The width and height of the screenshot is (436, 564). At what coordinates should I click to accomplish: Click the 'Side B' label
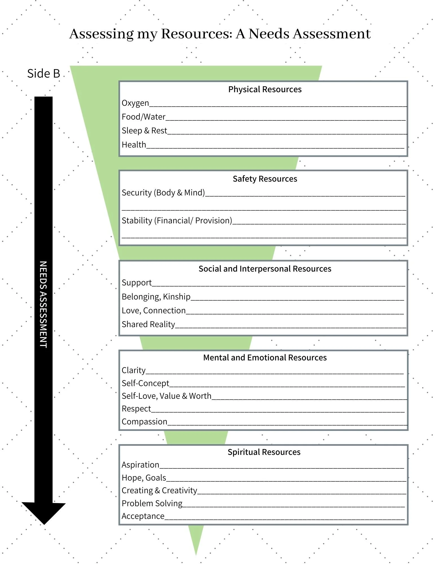click(x=44, y=73)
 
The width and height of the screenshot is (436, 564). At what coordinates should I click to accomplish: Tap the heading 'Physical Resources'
click(x=265, y=89)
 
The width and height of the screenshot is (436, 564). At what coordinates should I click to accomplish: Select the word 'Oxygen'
click(x=135, y=103)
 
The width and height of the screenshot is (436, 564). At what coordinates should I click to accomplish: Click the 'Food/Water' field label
click(x=143, y=117)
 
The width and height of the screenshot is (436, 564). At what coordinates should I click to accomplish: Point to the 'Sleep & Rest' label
click(x=144, y=131)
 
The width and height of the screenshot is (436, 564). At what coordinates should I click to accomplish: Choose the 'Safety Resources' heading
click(x=265, y=179)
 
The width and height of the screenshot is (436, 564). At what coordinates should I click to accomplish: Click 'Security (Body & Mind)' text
click(x=163, y=193)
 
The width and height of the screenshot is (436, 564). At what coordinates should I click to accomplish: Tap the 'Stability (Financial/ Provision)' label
click(x=177, y=221)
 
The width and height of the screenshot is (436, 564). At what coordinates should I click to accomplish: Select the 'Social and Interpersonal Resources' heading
click(x=265, y=269)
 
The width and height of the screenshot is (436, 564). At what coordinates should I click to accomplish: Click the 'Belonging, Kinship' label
click(x=156, y=297)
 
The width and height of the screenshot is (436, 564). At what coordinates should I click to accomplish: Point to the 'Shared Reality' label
click(x=148, y=325)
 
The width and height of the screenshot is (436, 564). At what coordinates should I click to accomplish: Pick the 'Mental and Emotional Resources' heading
click(x=265, y=358)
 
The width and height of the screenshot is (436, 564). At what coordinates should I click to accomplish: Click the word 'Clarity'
click(x=133, y=370)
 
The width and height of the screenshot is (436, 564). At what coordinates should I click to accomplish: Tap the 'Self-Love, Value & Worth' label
click(x=166, y=396)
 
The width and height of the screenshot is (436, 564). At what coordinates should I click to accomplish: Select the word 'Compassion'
click(x=144, y=422)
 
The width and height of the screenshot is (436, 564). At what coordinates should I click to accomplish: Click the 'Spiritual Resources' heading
click(x=264, y=452)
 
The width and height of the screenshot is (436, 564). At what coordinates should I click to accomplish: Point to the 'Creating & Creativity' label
click(x=159, y=490)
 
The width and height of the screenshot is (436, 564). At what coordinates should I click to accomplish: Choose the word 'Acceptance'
click(x=143, y=516)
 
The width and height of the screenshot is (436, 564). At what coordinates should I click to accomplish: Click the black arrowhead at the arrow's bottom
click(x=44, y=513)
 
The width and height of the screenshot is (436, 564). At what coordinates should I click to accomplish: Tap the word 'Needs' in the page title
click(x=269, y=34)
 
